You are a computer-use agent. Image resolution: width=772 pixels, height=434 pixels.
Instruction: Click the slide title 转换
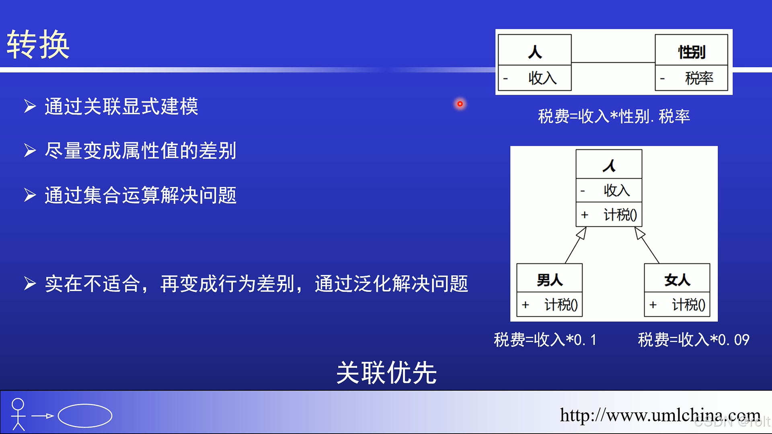38,44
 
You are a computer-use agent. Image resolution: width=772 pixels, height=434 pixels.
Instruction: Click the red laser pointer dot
460,104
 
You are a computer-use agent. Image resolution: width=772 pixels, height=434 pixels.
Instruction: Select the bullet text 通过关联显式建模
121,106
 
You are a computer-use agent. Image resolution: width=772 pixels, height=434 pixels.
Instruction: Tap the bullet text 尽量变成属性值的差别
141,151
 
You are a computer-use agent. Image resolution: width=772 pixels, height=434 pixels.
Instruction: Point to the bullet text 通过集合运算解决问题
141,195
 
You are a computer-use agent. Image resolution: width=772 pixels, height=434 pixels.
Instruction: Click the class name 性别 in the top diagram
692,52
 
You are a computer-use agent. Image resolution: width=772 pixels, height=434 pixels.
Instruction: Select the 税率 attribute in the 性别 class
699,78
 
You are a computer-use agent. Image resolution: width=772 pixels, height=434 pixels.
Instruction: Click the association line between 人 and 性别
613,62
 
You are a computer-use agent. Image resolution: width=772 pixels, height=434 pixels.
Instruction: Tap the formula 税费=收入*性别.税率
614,117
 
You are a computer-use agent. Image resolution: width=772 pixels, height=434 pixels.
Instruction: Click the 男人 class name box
550,278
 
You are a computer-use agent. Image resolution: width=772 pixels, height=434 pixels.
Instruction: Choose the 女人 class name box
677,278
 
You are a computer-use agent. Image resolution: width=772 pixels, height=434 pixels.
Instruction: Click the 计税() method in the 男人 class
561,305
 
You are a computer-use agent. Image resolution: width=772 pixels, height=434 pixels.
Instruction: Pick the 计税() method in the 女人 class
688,305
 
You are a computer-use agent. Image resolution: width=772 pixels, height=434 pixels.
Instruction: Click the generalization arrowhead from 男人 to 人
582,233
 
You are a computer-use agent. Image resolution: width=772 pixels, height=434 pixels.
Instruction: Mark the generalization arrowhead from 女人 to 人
639,233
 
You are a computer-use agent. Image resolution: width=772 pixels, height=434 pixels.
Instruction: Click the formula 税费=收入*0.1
545,340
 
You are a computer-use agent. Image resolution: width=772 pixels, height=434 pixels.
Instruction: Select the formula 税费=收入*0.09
694,340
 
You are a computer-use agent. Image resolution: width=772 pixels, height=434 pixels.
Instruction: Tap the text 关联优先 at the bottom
386,373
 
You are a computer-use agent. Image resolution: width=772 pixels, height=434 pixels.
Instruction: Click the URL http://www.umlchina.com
660,415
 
